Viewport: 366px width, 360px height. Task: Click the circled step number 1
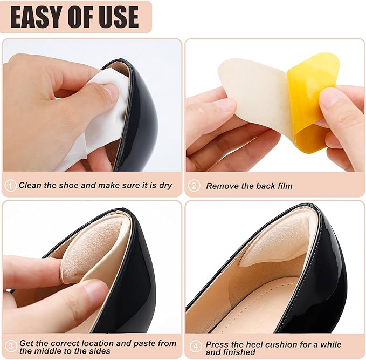tap(11, 185)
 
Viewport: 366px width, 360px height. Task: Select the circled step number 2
tap(194, 185)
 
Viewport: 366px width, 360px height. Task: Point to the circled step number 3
tap(11, 346)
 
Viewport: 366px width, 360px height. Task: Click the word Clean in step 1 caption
tap(30, 185)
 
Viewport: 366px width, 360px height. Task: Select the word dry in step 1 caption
tap(165, 185)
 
